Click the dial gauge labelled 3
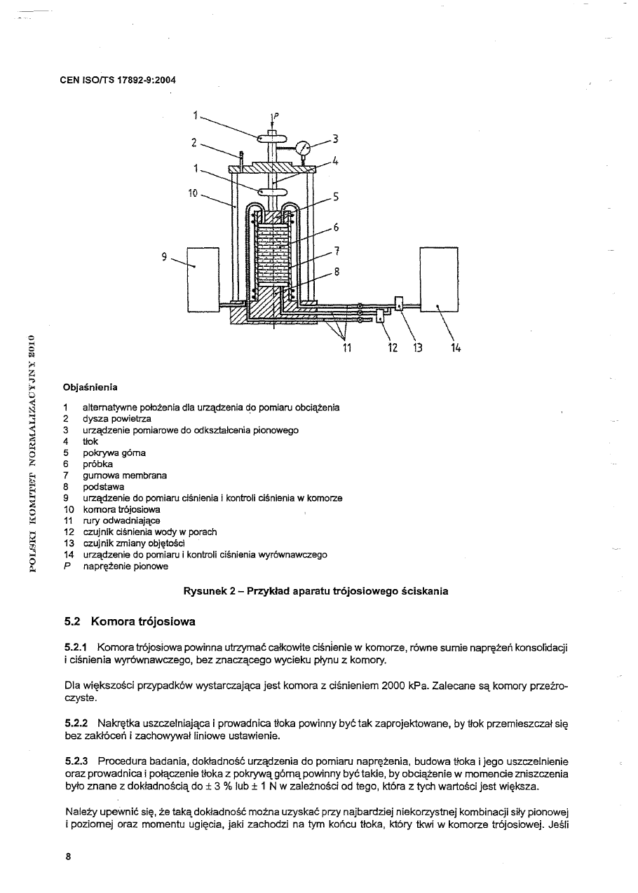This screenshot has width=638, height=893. click(x=304, y=148)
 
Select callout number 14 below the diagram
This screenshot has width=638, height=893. click(x=456, y=347)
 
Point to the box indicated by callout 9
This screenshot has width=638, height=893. click(x=204, y=279)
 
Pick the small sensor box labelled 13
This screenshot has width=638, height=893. click(x=398, y=303)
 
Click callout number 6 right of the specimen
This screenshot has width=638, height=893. click(x=336, y=227)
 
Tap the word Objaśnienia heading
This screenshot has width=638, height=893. click(x=90, y=387)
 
